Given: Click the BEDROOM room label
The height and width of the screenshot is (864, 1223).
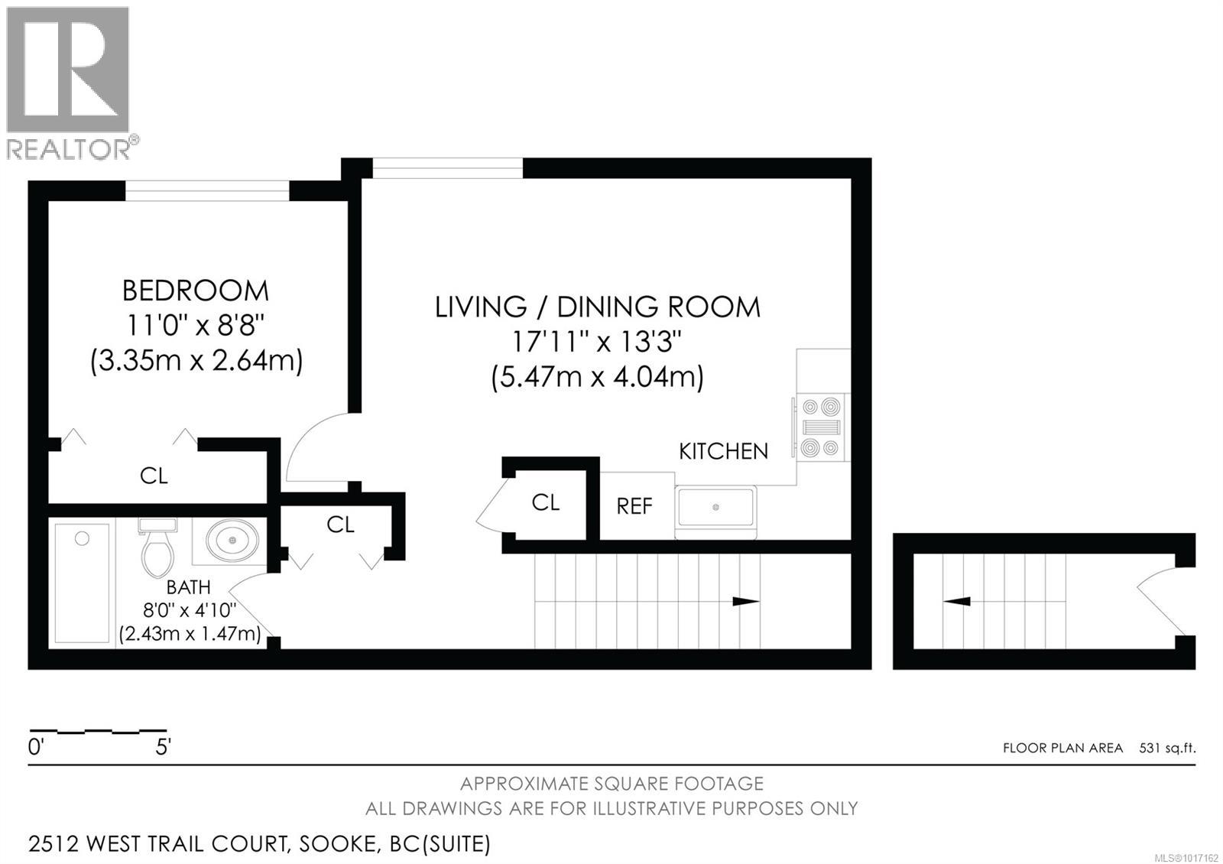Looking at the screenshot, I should [x=196, y=291].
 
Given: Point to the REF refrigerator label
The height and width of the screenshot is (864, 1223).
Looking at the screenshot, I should [x=634, y=506].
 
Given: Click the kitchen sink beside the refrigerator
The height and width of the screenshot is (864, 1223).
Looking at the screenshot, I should [x=715, y=508].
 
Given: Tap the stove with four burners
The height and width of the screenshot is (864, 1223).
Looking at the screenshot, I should [x=821, y=427].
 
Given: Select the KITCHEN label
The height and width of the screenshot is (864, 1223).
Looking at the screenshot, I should [x=723, y=451].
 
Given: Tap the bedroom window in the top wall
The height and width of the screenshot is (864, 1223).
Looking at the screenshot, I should [x=207, y=190].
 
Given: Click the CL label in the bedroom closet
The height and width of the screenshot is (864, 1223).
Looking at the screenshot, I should [x=154, y=476].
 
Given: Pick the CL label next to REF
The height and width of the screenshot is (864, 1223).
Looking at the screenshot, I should [x=546, y=502].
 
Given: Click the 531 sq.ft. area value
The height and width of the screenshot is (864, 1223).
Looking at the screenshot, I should [x=1166, y=748].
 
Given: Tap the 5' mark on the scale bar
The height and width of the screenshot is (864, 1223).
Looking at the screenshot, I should [x=163, y=747].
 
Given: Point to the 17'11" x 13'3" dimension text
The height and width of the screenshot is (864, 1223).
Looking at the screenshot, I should [x=596, y=342].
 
